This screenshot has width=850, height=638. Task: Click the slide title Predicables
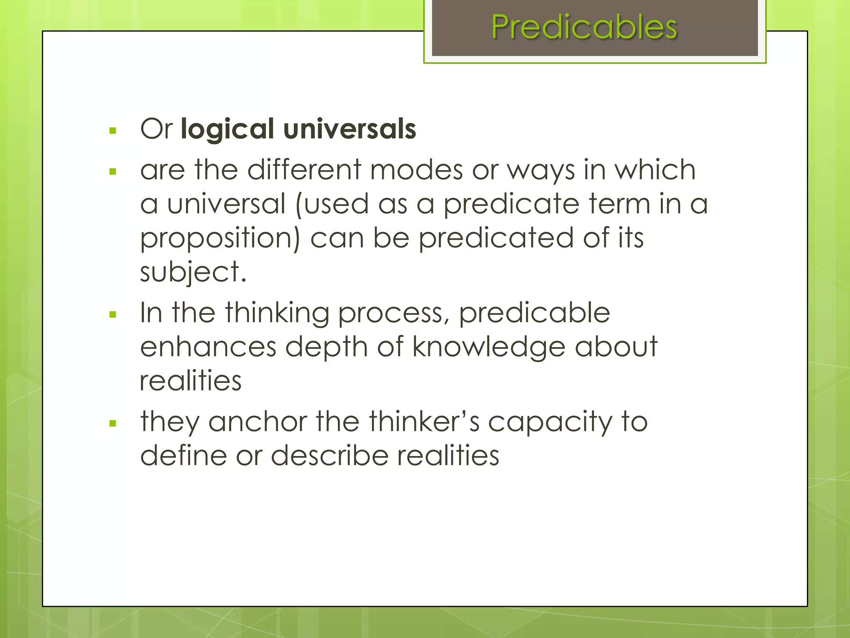coord(584,27)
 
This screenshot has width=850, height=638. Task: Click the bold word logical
coord(227,129)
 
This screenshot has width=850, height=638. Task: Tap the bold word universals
coord(349,129)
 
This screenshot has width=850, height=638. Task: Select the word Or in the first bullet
coord(156,129)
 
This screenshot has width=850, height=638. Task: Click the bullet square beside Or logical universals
coord(112,131)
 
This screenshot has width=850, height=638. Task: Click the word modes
coord(416,170)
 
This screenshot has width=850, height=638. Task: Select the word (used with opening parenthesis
coord(332,204)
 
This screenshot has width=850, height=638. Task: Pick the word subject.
coord(193,272)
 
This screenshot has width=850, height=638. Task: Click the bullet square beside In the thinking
coord(112,315)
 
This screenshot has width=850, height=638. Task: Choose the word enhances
coord(208,347)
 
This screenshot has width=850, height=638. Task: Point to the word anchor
coord(257,422)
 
